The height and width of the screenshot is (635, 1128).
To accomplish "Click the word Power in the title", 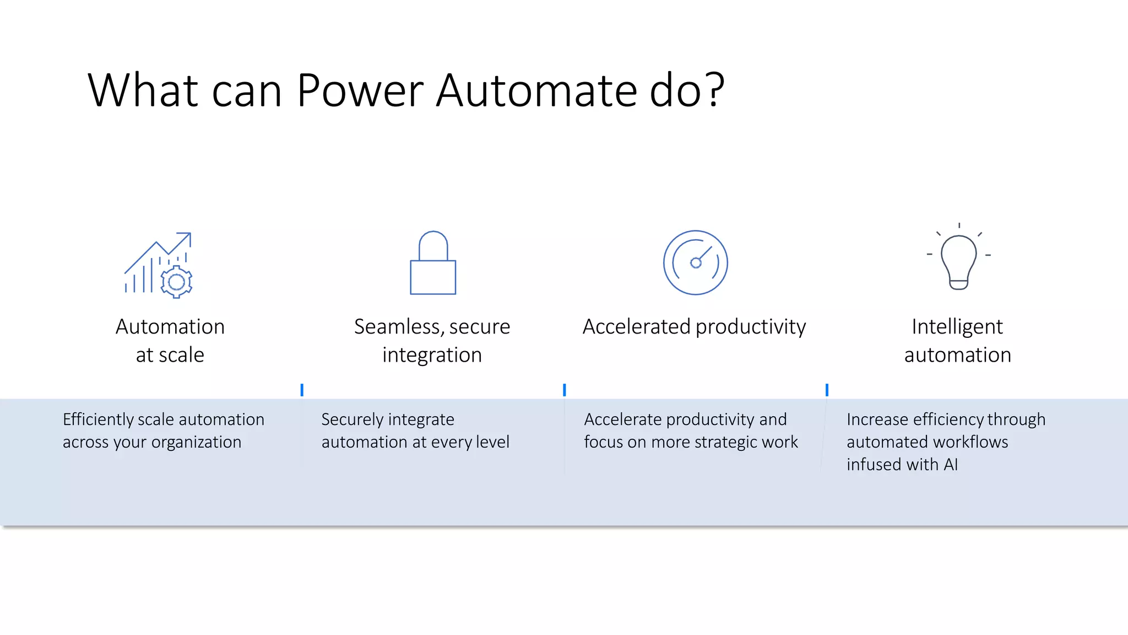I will coord(359,91).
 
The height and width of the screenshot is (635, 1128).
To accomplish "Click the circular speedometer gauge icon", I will coord(695,262).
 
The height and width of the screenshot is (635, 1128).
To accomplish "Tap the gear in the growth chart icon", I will coord(176,282).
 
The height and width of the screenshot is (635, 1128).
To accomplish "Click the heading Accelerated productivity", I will coord(694,327).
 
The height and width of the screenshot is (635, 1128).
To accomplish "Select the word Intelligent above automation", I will coord(957,327).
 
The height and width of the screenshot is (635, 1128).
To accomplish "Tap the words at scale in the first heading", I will coord(170,355).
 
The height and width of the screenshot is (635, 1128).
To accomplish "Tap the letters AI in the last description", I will coord(951,465).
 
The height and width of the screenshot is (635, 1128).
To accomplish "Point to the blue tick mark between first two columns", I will coord(302,390).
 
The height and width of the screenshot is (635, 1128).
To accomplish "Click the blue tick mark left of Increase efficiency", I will coord(827,390).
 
